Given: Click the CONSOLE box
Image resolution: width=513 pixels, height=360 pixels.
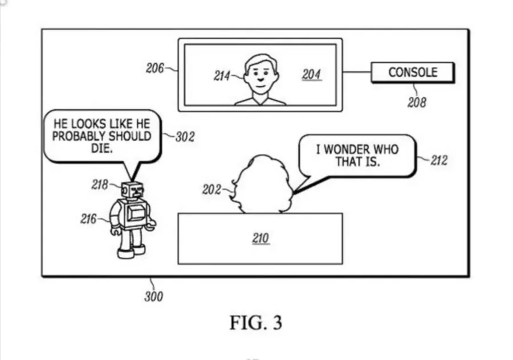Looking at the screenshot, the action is [413, 72].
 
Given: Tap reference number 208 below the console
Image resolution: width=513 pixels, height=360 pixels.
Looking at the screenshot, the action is [417, 103].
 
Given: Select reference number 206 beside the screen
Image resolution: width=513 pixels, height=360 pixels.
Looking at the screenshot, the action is [155, 68].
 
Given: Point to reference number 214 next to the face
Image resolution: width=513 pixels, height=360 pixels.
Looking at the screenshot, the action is [222, 76].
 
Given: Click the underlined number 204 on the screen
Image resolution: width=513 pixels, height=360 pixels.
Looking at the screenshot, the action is [311, 75].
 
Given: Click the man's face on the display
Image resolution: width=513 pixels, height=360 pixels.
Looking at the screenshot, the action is [260, 75].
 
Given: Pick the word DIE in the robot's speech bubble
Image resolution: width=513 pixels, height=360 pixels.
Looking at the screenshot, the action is [102, 149].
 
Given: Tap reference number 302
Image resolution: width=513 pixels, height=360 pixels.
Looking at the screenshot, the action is [185, 137].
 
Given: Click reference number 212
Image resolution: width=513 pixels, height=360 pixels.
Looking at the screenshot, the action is [439, 161].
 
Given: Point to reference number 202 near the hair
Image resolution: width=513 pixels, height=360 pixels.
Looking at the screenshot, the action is [211, 190].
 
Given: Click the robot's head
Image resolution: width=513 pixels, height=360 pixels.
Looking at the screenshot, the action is [132, 190].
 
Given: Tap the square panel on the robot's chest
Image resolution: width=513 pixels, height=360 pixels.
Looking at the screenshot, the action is [135, 212].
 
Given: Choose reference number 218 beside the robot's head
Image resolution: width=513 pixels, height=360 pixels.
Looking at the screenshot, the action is [100, 185].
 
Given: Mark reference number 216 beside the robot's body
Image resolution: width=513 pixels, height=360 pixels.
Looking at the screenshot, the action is [88, 219].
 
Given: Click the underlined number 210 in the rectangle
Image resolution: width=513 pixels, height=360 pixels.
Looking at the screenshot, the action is [260, 238].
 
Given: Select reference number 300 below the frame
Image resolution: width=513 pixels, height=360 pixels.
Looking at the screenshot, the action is [153, 297].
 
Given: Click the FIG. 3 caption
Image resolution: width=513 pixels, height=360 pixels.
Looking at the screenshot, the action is [255, 323].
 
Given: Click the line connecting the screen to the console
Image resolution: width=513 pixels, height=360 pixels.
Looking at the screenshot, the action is [357, 72].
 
